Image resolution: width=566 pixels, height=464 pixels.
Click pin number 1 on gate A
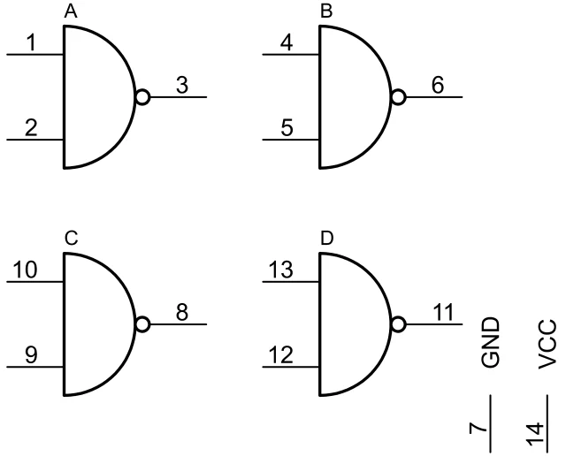[31, 42]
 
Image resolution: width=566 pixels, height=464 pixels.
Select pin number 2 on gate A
[31, 127]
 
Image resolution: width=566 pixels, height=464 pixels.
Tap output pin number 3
[182, 85]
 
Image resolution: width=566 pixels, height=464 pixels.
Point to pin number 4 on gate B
[287, 42]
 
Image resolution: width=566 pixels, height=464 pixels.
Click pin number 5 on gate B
[287, 127]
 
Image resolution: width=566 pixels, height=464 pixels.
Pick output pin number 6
[438, 85]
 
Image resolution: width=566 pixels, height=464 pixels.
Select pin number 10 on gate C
[26, 270]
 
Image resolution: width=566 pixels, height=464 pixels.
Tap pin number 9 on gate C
[31, 355]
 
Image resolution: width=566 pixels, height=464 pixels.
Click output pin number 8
[182, 313]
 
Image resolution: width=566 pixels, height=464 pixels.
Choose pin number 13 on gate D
[282, 270]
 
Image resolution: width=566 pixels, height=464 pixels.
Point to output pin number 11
[442, 313]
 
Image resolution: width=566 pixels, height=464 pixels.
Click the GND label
[491, 342]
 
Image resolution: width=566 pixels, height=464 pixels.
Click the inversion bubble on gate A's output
[142, 97]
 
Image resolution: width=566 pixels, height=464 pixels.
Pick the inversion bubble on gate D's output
[399, 325]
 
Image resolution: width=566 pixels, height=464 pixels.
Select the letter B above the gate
[325, 11]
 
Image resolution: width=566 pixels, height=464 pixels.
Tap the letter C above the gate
[71, 239]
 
